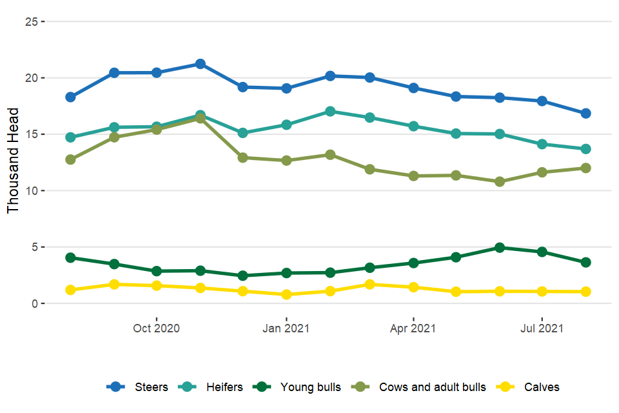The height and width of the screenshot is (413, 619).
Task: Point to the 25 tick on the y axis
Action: click(x=30, y=22)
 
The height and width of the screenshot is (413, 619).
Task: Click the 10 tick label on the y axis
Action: click(x=30, y=191)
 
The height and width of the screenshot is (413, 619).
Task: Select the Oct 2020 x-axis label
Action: click(x=157, y=328)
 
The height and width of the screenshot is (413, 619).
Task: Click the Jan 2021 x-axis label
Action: click(x=286, y=328)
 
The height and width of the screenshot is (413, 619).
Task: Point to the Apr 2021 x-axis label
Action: click(x=413, y=328)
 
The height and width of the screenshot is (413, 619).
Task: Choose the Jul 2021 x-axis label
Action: click(x=542, y=328)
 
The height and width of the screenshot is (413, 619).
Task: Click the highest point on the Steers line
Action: click(x=200, y=64)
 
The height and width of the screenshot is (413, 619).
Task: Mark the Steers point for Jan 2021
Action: click(x=286, y=88)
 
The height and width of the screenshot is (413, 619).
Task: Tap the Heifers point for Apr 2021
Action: click(x=413, y=126)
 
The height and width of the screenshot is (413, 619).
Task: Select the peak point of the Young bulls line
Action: click(x=499, y=248)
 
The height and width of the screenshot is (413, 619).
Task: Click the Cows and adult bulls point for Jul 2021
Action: click(x=542, y=172)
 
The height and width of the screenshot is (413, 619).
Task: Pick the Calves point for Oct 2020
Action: click(x=157, y=286)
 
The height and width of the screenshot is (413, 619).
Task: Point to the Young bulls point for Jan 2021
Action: click(x=286, y=273)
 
